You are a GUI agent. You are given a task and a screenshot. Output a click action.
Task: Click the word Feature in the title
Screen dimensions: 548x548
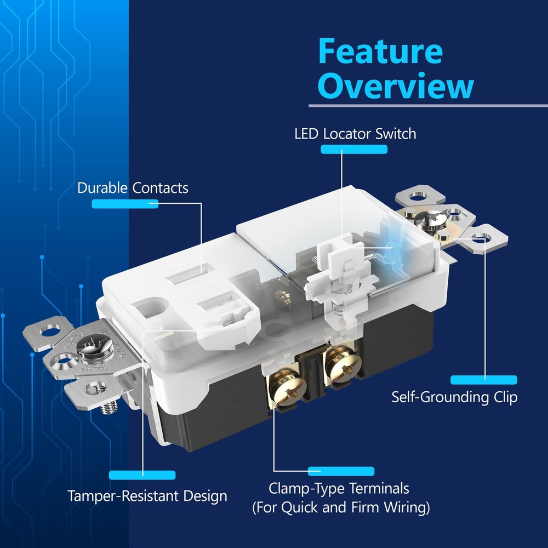coord(381,52)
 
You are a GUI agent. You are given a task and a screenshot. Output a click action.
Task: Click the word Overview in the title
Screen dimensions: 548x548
coord(396,86)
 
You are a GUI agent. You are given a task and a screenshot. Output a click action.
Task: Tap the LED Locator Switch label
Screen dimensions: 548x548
coord(355,134)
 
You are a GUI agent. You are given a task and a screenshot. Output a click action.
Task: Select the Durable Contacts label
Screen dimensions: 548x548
coord(133,188)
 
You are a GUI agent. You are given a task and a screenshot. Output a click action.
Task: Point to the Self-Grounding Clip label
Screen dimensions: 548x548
coord(454,397)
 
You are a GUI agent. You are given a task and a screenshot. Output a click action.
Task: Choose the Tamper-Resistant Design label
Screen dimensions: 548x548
coord(147,496)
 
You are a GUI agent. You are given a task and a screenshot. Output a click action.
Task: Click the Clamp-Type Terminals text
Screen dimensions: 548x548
coord(339,489)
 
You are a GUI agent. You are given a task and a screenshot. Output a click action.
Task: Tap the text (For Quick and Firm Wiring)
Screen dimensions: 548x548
coord(341,507)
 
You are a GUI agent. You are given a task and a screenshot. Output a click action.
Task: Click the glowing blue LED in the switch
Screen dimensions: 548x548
coord(390,249)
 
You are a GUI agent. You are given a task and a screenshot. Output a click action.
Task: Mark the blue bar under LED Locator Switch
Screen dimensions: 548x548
coord(354,149)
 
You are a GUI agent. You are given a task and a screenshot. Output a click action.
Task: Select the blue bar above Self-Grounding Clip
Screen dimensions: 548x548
coord(484,380)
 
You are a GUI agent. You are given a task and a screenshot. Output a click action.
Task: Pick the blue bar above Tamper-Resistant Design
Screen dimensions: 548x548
coord(142,475)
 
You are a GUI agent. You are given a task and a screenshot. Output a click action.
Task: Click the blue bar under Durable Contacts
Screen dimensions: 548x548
coord(125,204)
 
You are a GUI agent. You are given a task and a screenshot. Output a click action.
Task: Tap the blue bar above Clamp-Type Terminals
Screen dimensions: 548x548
coord(341,471)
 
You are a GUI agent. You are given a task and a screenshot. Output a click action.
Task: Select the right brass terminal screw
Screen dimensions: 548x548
coord(342,365)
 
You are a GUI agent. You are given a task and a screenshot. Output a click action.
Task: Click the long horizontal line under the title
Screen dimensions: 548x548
coord(428,106)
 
